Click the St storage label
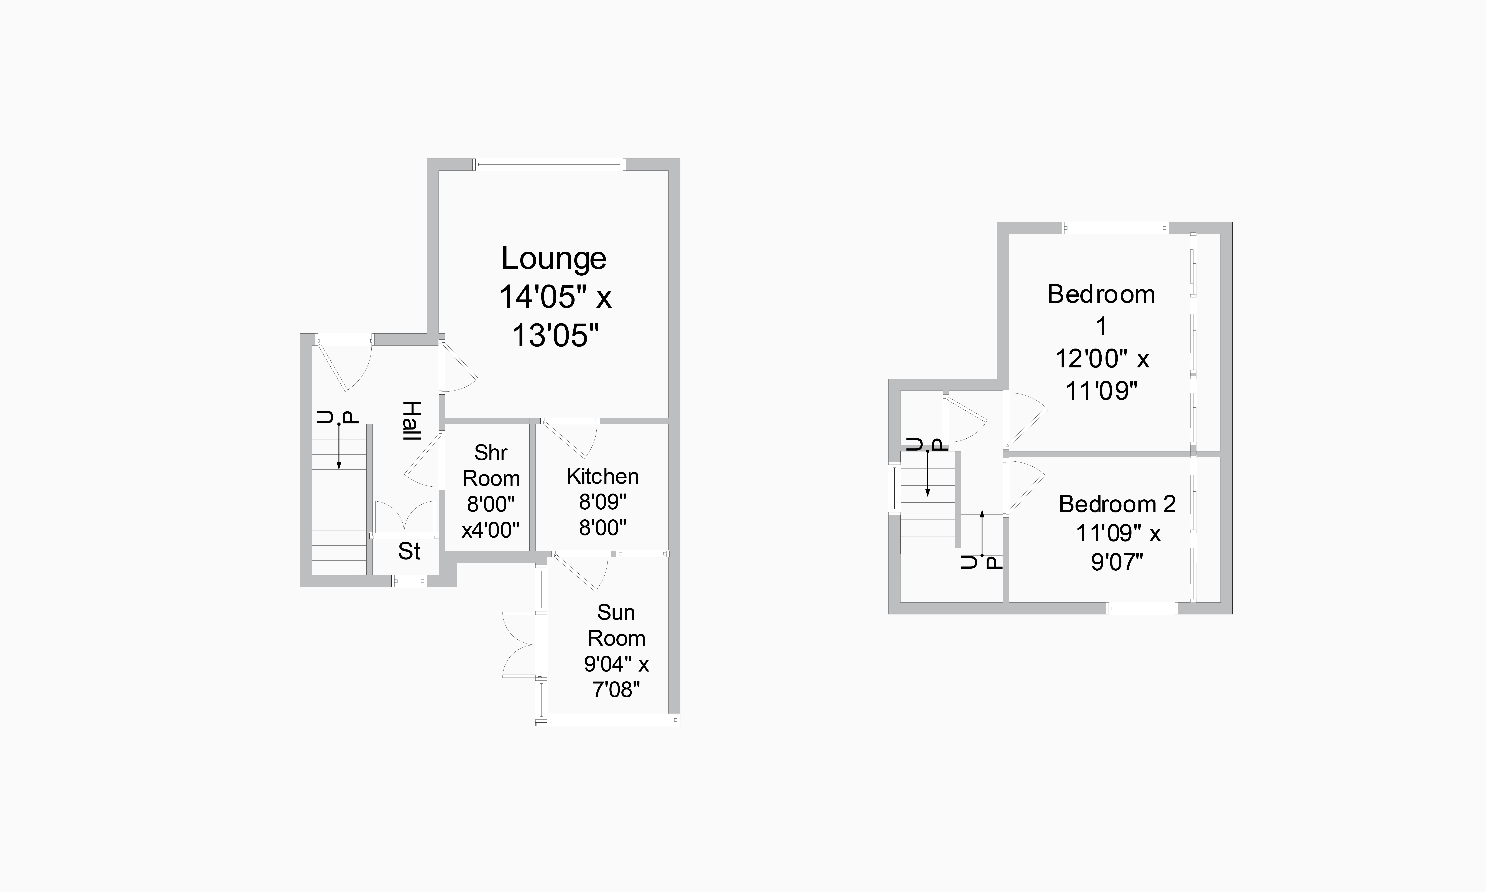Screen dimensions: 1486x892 (409, 551)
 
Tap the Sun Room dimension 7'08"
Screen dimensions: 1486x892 (616, 690)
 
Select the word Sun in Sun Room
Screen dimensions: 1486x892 (616, 613)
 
